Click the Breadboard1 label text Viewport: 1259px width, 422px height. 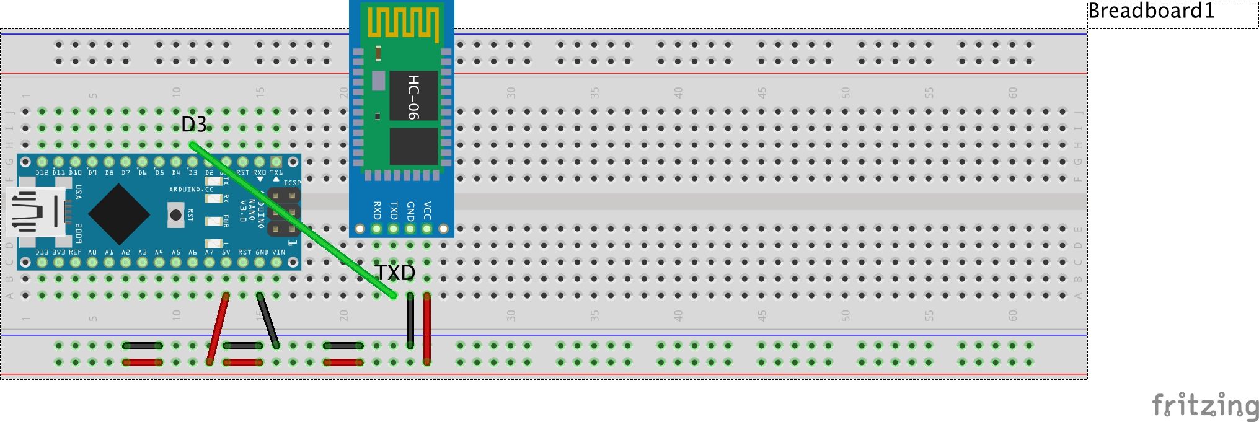click(1151, 11)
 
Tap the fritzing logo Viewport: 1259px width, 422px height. click(1205, 405)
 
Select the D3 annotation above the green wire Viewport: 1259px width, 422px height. click(193, 125)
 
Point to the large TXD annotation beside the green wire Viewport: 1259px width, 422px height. click(395, 273)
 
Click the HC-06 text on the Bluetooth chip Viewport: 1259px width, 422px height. click(413, 97)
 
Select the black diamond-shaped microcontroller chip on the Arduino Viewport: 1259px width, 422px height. click(119, 214)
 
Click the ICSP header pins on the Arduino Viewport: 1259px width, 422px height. click(285, 213)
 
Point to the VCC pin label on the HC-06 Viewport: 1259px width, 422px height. click(427, 210)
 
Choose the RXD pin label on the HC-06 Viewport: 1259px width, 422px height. click(377, 210)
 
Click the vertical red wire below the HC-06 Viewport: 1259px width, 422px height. click(427, 328)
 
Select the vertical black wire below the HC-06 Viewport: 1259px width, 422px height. click(410, 321)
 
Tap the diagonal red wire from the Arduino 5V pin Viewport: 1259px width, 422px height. click(218, 328)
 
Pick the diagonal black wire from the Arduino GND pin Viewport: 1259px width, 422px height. click(268, 321)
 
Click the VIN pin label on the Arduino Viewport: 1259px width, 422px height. click(278, 252)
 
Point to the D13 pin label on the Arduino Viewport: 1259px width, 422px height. click(42, 252)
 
